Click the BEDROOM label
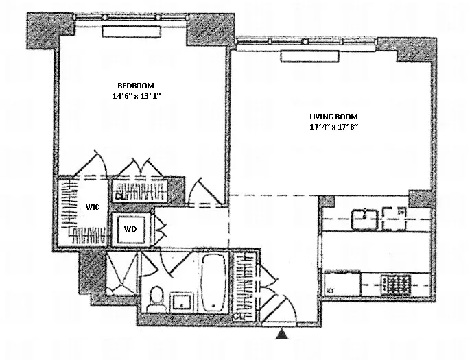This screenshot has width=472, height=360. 130,85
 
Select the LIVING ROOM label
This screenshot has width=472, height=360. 333,117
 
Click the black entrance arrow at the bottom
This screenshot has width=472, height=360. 281,335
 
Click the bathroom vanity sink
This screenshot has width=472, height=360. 182,300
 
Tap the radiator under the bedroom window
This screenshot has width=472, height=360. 130,32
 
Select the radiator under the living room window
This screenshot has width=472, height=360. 303,55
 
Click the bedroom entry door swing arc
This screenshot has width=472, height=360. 200,190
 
